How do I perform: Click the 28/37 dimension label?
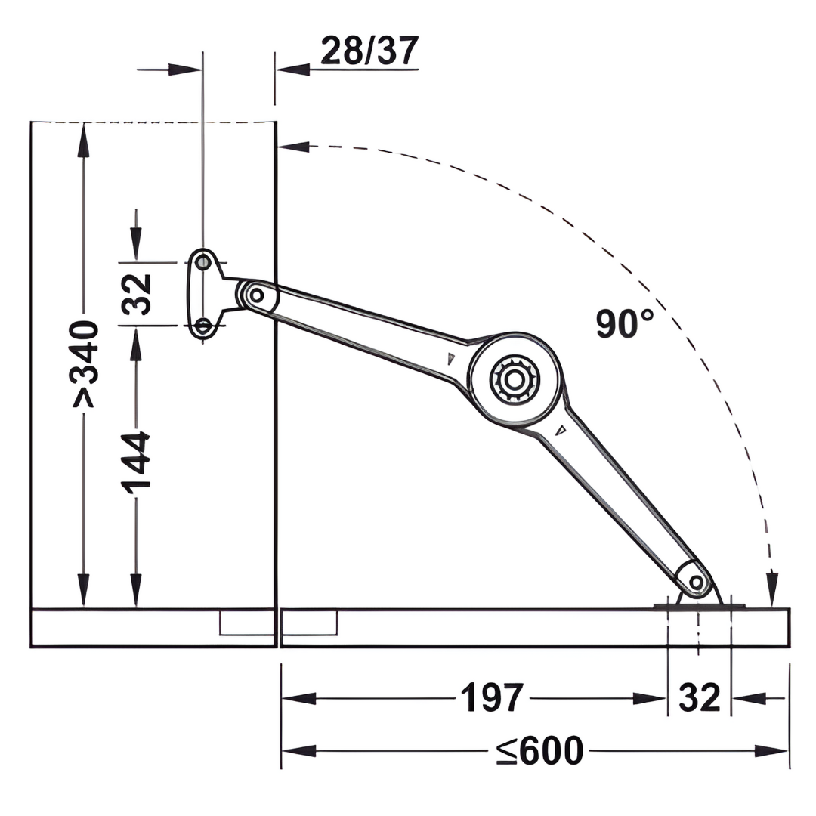coord(369,51)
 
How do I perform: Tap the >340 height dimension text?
coord(85,363)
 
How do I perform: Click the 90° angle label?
coord(625,323)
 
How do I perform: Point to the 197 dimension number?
coord(492,698)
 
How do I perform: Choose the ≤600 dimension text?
coord(539,750)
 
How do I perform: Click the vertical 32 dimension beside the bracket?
coord(136,295)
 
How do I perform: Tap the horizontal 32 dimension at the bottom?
coord(700,698)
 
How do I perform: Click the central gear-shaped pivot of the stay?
coord(515,380)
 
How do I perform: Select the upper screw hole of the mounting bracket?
coord(203,261)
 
